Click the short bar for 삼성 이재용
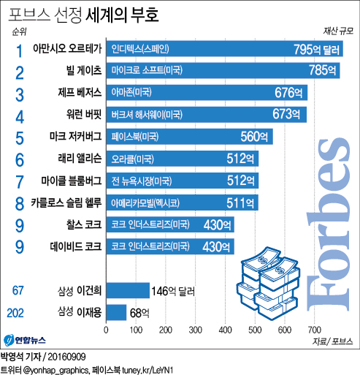(116, 312)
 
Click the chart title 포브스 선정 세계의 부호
(83, 12)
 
